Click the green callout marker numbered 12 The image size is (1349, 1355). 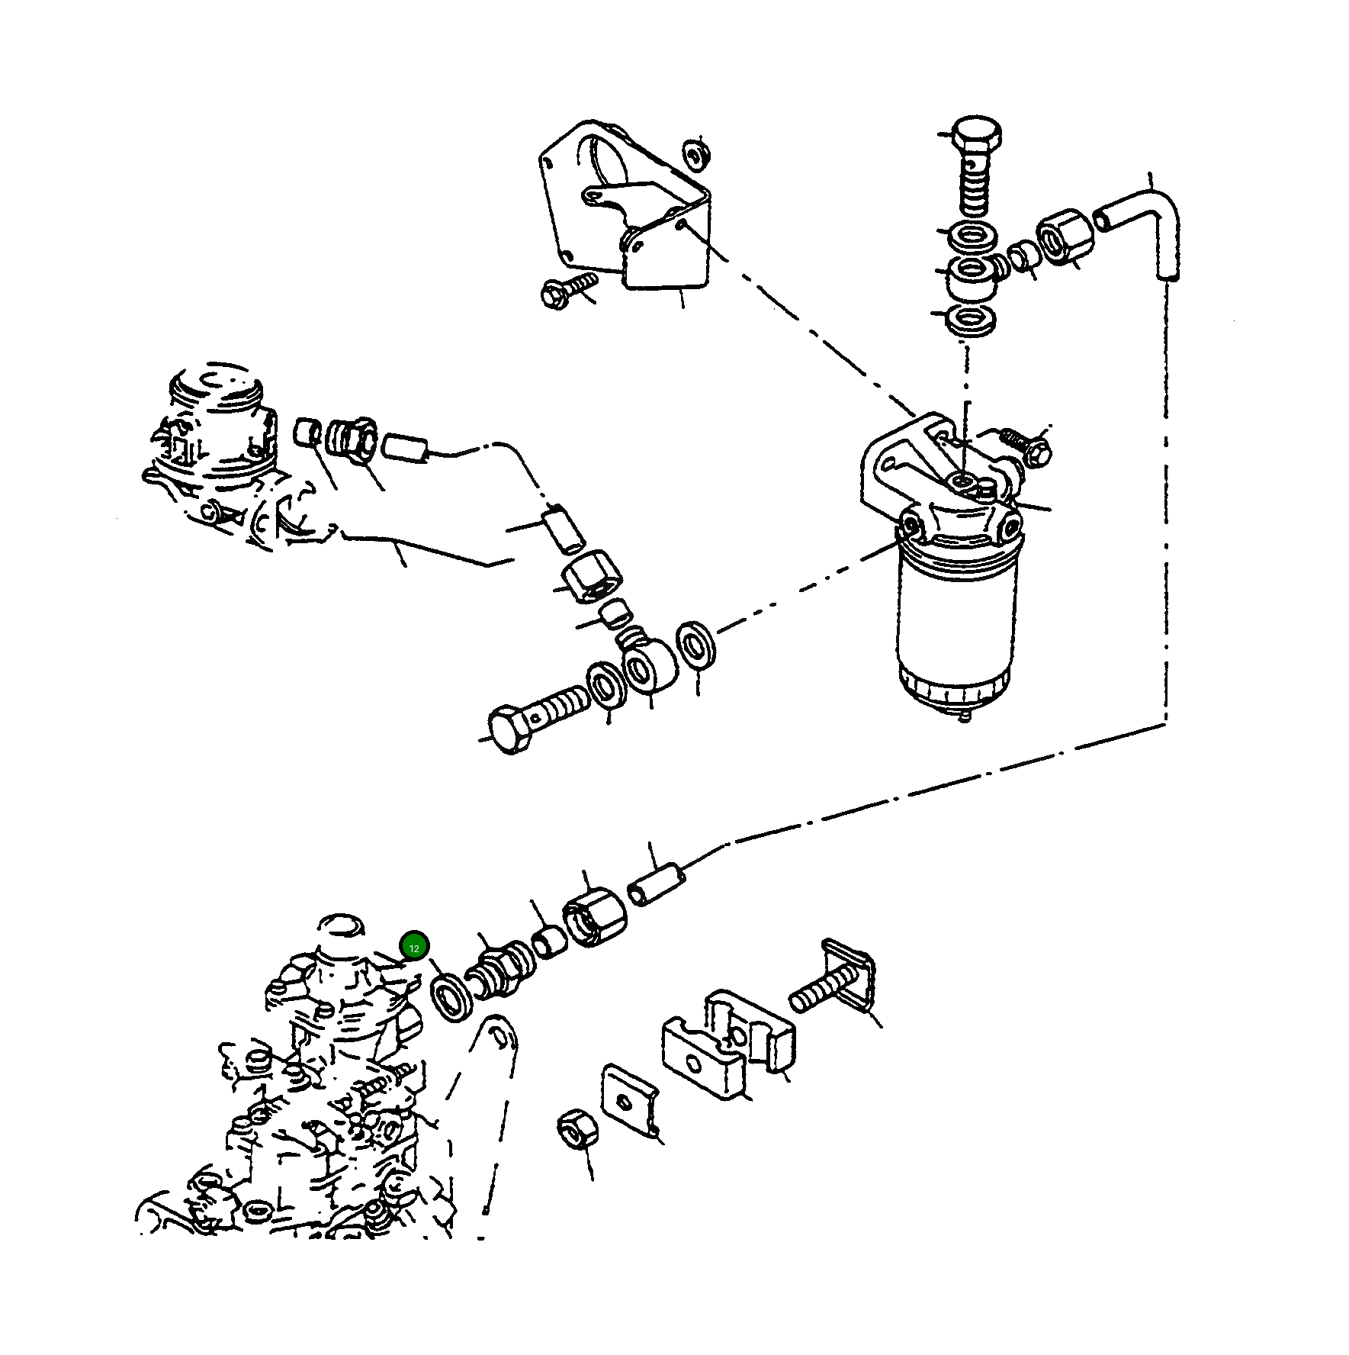[x=414, y=948]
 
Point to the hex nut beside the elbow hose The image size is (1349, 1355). [x=1065, y=236]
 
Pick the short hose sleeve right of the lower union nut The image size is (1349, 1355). [x=655, y=883]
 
